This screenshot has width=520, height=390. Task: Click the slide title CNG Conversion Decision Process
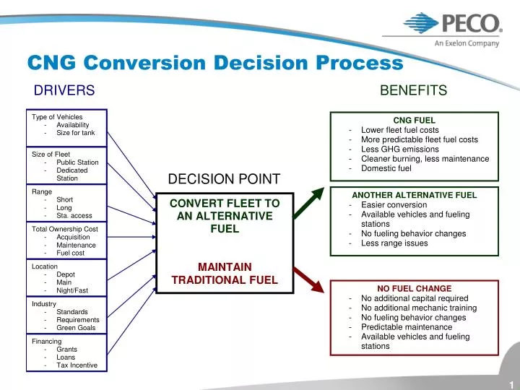pos(214,64)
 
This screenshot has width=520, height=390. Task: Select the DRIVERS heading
pos(65,90)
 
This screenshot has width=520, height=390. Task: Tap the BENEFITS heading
pos(413,90)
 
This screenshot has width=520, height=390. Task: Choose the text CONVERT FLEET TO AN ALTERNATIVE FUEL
pos(224,216)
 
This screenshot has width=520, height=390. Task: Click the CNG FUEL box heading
pos(413,120)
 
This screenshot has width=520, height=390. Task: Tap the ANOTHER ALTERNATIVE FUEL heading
pos(414,195)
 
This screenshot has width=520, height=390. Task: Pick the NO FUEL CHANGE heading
pos(414,288)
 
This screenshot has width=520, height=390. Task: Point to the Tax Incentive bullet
pos(77,365)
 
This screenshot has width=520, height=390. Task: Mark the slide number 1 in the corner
pos(510,383)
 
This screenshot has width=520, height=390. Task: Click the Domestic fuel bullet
pos(386,168)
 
